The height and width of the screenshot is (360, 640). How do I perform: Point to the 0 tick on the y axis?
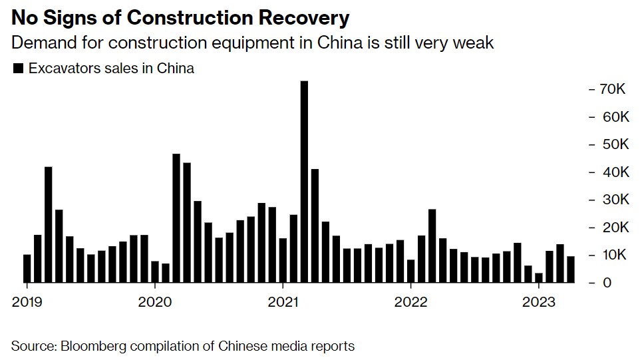(x=606, y=283)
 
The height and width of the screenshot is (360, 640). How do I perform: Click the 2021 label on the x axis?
(x=283, y=302)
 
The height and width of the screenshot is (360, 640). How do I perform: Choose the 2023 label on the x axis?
(x=539, y=302)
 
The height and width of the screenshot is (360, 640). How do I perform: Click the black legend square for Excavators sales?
(x=18, y=69)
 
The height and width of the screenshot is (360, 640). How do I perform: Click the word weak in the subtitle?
(x=476, y=43)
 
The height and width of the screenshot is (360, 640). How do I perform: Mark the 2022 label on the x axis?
(x=410, y=302)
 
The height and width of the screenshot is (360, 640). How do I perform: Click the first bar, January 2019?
(x=27, y=269)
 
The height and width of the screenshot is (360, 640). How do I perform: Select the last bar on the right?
(x=571, y=270)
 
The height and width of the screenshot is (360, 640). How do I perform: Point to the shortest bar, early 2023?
(x=539, y=277)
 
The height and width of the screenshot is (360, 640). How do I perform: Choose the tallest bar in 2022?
(x=432, y=246)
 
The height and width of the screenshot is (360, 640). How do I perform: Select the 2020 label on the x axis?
(x=154, y=302)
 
